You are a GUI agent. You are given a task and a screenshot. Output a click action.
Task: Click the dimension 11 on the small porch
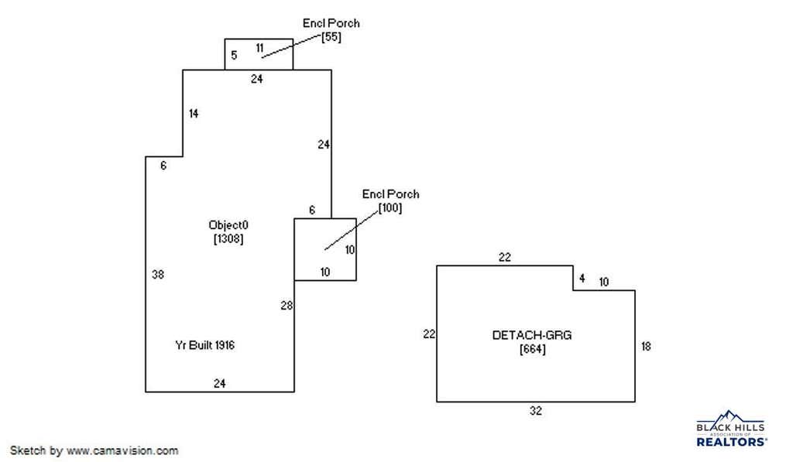coord(259,48)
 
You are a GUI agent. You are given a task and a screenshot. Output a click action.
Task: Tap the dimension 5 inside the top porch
coord(234,55)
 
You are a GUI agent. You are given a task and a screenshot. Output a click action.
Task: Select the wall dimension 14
coord(193,114)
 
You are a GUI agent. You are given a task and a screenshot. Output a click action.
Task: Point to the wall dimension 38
coord(158,275)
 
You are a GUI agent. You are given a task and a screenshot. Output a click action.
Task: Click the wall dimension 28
coord(287,306)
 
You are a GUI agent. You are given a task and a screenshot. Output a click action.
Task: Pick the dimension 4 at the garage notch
coord(582,279)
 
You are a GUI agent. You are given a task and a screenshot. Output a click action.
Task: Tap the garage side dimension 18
coord(646,346)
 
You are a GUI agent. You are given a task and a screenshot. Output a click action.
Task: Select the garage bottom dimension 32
coord(536,411)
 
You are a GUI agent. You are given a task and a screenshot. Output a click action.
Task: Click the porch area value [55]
coord(331,37)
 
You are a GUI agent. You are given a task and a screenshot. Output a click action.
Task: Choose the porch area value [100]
coord(390,207)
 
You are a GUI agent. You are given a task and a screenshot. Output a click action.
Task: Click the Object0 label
coord(228,225)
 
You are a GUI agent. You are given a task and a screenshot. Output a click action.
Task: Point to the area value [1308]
coord(228,238)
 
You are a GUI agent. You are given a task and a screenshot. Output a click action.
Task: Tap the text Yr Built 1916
coord(204,345)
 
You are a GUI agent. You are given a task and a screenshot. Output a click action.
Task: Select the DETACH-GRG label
coord(532,335)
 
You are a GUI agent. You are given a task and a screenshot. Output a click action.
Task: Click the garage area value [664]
coord(533,349)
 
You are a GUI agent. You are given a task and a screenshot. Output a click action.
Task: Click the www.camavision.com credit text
coord(122,450)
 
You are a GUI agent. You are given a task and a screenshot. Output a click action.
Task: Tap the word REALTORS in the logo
coord(731,442)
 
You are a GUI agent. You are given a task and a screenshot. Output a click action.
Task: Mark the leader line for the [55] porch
coord(292,46)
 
